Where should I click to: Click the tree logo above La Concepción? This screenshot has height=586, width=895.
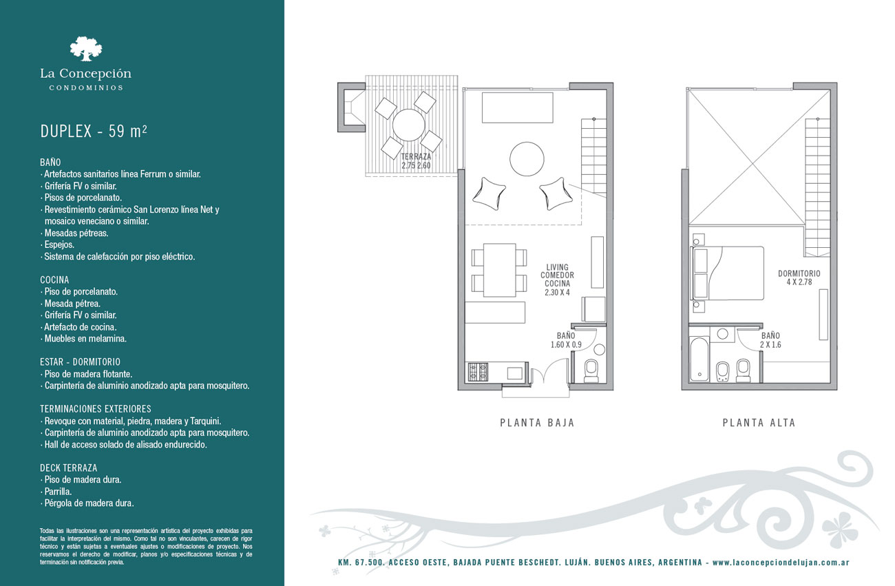point(86,49)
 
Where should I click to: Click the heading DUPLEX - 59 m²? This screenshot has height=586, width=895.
point(94,132)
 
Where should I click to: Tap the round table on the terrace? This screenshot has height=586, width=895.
point(408,125)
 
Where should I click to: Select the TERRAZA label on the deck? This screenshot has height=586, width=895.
point(416,157)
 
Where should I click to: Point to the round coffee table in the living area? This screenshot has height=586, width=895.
point(527,158)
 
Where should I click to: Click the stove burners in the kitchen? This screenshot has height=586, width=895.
point(478,372)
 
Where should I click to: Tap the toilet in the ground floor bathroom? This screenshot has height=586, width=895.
point(591,370)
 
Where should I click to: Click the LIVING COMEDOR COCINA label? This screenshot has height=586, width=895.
point(557,280)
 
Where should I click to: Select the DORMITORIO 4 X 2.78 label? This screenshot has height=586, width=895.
point(799,278)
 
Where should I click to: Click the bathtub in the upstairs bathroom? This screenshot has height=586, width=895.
point(699,359)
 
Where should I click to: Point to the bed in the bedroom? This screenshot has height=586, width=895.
point(727,273)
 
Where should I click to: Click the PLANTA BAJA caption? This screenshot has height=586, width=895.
point(537,423)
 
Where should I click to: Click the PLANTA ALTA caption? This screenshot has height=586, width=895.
point(759,423)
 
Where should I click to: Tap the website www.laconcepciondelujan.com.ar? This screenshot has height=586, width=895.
point(781,563)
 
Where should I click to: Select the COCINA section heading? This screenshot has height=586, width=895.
point(54,280)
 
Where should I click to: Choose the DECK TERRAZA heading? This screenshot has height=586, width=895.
point(68,468)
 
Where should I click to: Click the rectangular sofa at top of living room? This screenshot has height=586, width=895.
point(518,107)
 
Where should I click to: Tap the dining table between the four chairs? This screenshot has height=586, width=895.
point(499,270)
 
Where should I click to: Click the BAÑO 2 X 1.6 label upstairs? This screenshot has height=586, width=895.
point(770,340)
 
